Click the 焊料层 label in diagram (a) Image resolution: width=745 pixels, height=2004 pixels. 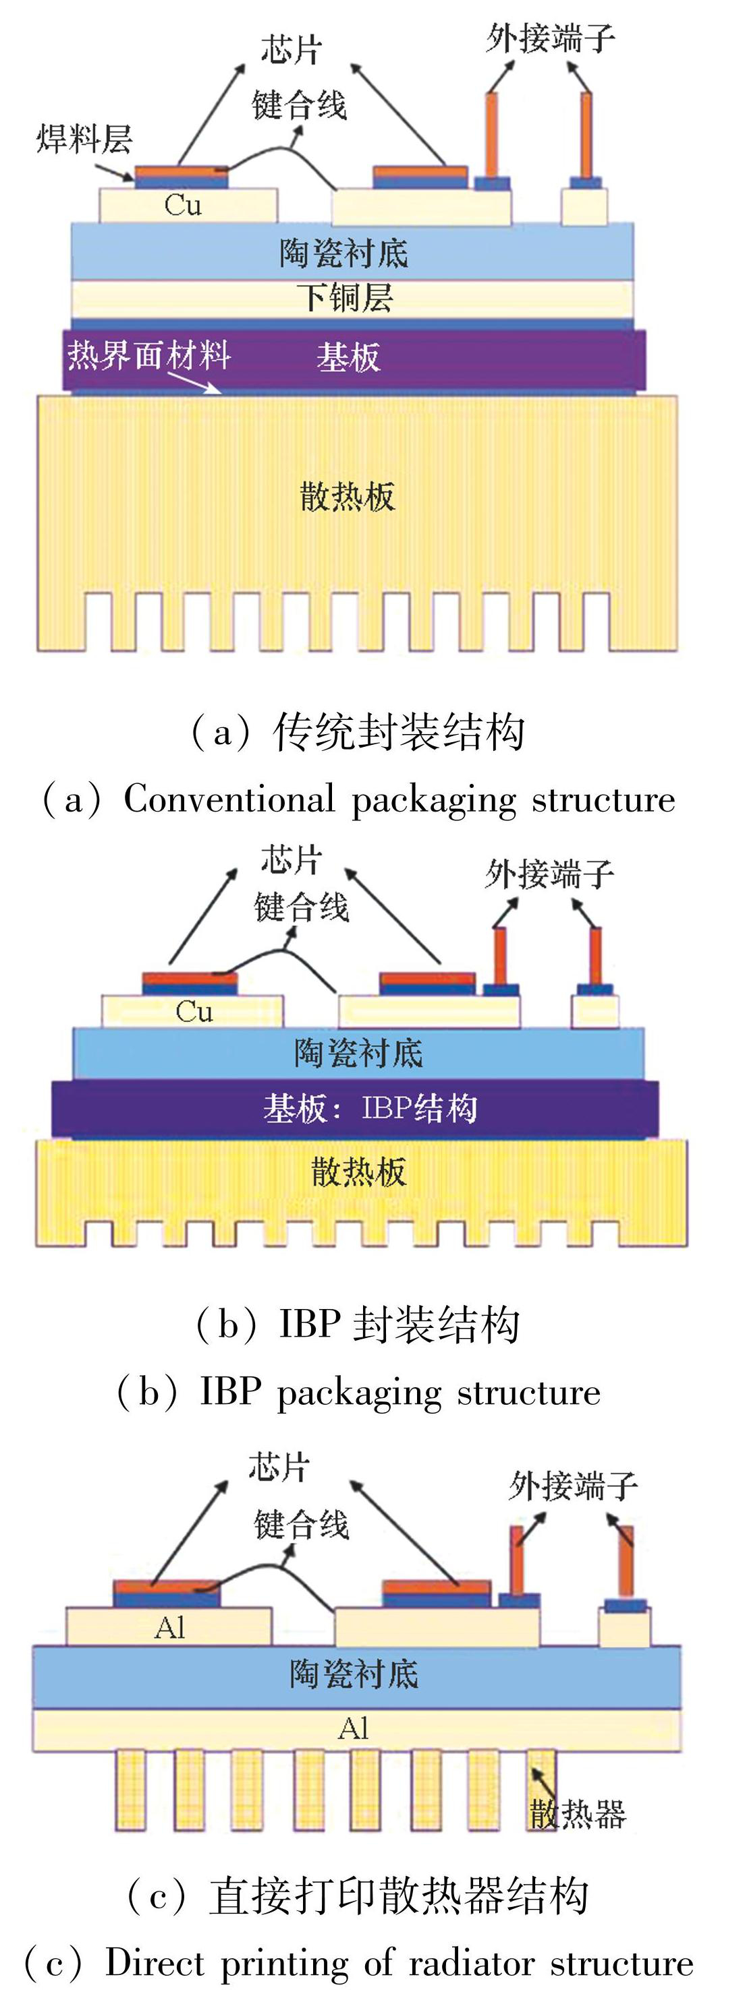click(x=84, y=140)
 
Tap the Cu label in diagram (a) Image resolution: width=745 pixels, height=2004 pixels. click(x=184, y=206)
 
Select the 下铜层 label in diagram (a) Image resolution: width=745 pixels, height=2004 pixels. click(x=345, y=298)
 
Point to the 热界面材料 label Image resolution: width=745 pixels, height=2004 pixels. click(x=148, y=355)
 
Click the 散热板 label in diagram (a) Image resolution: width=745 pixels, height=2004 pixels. click(x=348, y=496)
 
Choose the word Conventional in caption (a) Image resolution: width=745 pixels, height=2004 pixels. click(x=229, y=799)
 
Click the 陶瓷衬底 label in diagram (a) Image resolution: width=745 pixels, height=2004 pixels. click(x=344, y=253)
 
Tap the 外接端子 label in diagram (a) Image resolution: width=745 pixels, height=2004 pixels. click(x=551, y=38)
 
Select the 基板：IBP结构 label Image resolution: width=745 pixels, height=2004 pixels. click(x=370, y=1107)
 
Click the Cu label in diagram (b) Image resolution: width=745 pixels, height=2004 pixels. click(x=194, y=1011)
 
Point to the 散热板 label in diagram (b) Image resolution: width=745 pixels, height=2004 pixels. click(x=358, y=1172)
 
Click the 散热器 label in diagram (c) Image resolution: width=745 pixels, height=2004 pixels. click(x=578, y=1814)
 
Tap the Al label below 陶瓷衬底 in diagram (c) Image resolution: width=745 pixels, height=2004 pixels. click(x=353, y=1728)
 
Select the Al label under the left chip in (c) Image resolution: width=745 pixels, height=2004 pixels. click(x=169, y=1627)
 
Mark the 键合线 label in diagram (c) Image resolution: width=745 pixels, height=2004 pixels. click(x=301, y=1525)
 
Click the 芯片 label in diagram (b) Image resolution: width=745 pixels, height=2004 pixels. click(x=291, y=860)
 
